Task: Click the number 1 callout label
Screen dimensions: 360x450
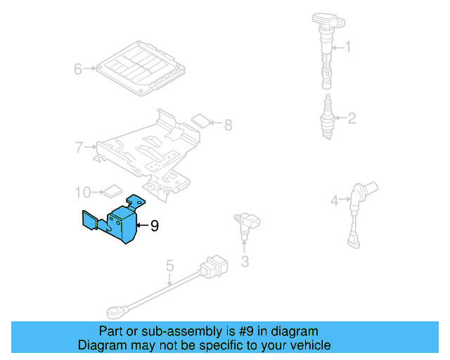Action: [x=346, y=48]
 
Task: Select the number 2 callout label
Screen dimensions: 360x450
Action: [x=352, y=118]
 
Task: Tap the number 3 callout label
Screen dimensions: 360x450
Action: [x=245, y=262]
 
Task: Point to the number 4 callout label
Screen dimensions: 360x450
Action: [x=336, y=200]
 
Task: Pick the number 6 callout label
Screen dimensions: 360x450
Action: [x=79, y=69]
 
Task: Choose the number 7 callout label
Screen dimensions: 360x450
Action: [x=79, y=147]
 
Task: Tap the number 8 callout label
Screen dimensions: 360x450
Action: [x=227, y=125]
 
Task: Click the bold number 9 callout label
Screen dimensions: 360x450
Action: [x=155, y=226]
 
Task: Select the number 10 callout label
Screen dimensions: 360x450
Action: [x=83, y=191]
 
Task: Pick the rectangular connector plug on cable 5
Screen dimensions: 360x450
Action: [x=213, y=268]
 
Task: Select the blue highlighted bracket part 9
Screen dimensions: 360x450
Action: [x=120, y=221]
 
